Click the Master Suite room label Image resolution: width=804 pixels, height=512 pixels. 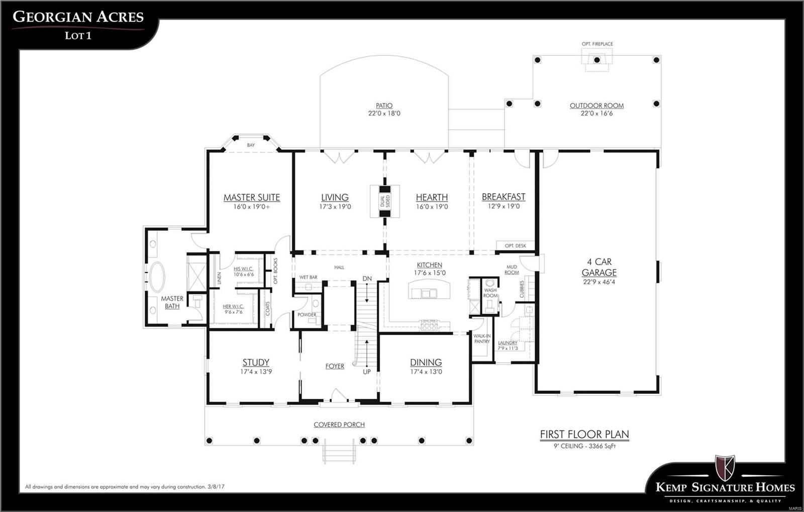pyautogui.click(x=252, y=198)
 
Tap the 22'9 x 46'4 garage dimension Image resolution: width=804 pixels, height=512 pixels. pyautogui.click(x=599, y=282)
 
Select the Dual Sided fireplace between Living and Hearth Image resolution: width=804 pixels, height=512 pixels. pyautogui.click(x=385, y=201)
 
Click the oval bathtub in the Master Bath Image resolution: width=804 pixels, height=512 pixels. pyautogui.click(x=157, y=277)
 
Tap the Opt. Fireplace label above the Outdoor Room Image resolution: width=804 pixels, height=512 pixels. pyautogui.click(x=597, y=44)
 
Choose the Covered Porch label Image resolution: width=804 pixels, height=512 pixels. pyautogui.click(x=339, y=424)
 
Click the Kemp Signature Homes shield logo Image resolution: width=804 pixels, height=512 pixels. pyautogui.click(x=725, y=468)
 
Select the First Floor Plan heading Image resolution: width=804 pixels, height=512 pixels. pyautogui.click(x=584, y=434)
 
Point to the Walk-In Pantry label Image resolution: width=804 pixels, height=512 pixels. pyautogui.click(x=482, y=338)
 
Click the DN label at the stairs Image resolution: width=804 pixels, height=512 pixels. pyautogui.click(x=367, y=279)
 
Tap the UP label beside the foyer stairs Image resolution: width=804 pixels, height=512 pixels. pyautogui.click(x=367, y=372)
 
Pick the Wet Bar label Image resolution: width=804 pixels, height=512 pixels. pyautogui.click(x=308, y=277)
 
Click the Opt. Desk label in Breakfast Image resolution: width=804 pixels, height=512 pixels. pyautogui.click(x=516, y=246)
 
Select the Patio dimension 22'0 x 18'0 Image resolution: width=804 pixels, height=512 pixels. pyautogui.click(x=384, y=114)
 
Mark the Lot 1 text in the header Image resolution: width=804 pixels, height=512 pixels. pyautogui.click(x=78, y=36)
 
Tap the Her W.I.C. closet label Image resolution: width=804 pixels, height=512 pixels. pyautogui.click(x=233, y=306)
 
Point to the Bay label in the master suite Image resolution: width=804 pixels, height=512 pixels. pyautogui.click(x=251, y=145)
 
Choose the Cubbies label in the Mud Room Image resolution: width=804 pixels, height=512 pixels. pyautogui.click(x=522, y=289)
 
